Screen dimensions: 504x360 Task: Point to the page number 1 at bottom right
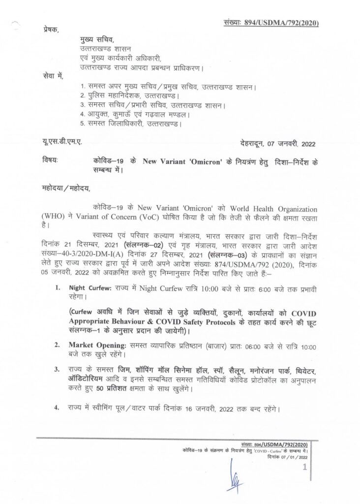click(305, 467)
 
